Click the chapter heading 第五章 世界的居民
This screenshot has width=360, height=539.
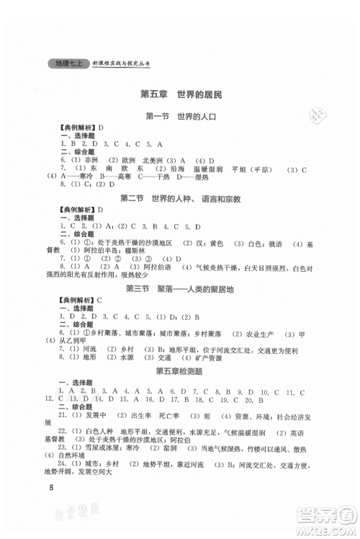pos(180,95)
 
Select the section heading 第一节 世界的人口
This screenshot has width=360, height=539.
pos(180,117)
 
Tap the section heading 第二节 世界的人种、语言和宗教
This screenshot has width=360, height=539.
pos(180,199)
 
